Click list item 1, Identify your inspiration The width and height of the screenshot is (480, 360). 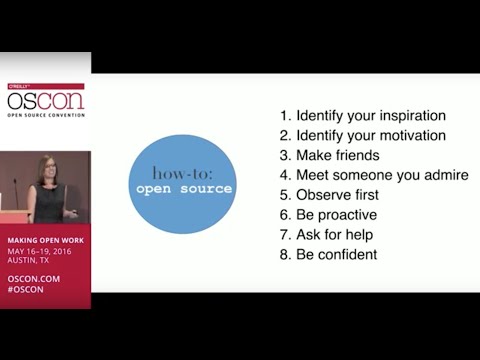pyautogui.click(x=363, y=115)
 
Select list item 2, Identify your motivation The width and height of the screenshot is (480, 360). pyautogui.click(x=361, y=135)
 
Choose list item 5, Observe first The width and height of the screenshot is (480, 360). pyautogui.click(x=331, y=195)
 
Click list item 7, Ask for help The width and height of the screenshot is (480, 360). pyautogui.click(x=329, y=235)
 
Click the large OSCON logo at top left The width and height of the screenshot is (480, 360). pyautogui.click(x=45, y=100)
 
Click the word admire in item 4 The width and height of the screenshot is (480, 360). pyautogui.click(x=445, y=175)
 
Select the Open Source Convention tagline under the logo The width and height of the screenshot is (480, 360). pyautogui.click(x=45, y=114)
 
